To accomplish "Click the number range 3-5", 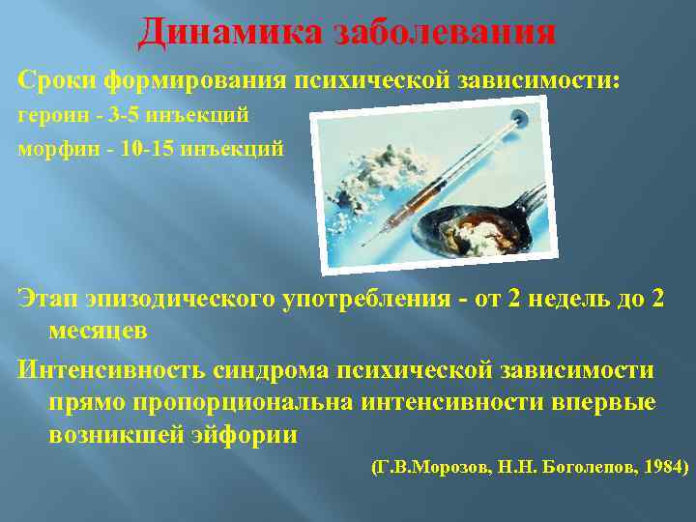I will tap(125, 116).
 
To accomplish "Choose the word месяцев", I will tap(98, 331).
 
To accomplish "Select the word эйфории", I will tap(248, 434).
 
